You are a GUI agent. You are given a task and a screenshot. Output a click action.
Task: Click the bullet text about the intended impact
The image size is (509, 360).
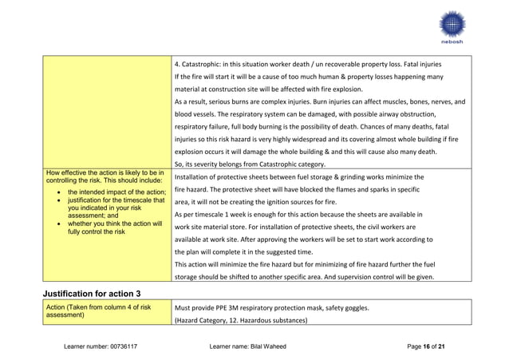116,192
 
